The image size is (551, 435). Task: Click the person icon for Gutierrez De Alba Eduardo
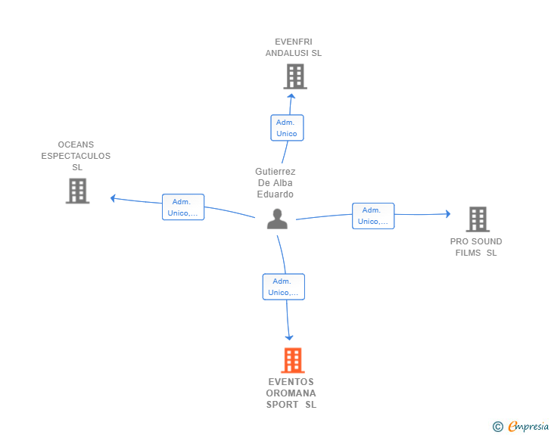pos(278,219)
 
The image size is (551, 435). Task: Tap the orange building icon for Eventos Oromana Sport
pos(293,361)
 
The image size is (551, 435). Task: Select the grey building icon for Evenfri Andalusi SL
pos(295,76)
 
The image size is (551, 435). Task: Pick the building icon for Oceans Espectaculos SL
pos(77,191)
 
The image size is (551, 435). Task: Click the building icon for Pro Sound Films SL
pos(478,219)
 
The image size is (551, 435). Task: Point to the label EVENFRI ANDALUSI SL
pos(294,48)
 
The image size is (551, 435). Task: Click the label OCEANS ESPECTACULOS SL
pos(76,156)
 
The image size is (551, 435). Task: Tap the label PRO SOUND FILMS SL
pos(476,247)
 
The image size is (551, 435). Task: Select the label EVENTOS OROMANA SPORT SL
pos(291,393)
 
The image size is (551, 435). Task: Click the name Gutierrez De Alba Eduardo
pos(275,183)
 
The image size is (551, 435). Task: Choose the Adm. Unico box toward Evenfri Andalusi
pos(287,128)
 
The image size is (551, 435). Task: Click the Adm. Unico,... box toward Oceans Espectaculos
pos(183,207)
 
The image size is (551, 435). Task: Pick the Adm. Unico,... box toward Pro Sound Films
pos(373,216)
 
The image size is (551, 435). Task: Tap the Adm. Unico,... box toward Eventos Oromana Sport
pos(284,287)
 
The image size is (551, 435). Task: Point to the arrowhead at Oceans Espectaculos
pos(113,198)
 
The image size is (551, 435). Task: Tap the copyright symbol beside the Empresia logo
pos(498,427)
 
